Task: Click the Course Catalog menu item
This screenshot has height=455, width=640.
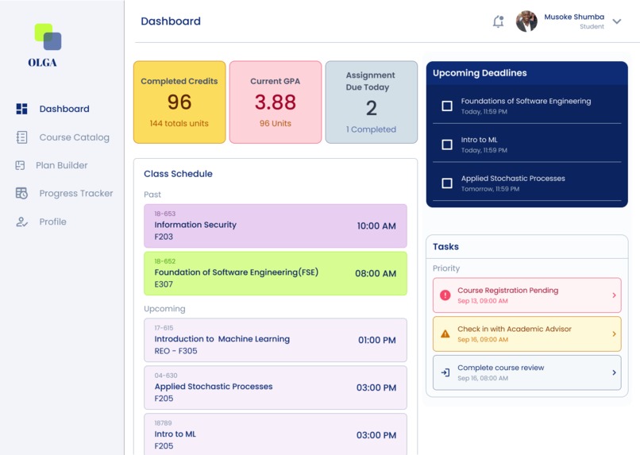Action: click(x=74, y=137)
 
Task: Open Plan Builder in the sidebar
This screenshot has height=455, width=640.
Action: click(x=61, y=165)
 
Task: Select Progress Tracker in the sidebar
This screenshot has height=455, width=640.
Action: click(x=75, y=194)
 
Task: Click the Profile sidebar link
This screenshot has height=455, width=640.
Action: click(x=52, y=222)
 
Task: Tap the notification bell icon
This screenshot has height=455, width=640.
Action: click(x=498, y=21)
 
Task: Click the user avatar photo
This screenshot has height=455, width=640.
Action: click(x=526, y=21)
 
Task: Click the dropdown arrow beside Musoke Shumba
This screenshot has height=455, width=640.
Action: click(x=617, y=21)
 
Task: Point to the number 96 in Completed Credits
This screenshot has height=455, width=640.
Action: click(x=179, y=102)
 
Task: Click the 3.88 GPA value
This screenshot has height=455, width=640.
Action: click(x=275, y=102)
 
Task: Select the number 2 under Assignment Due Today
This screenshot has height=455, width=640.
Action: click(x=371, y=108)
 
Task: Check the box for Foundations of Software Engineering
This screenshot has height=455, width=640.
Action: click(x=447, y=106)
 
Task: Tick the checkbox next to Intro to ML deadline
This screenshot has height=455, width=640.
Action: click(x=447, y=145)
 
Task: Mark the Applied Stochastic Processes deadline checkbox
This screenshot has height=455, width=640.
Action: click(x=447, y=183)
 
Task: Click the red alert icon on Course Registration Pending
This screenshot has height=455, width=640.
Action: click(x=445, y=295)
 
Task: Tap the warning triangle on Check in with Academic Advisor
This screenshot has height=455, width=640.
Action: click(x=445, y=334)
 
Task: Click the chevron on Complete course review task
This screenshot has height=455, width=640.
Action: click(x=614, y=372)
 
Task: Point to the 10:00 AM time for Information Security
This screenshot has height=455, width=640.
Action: click(x=376, y=226)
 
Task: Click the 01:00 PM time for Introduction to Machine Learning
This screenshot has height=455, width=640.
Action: click(x=376, y=341)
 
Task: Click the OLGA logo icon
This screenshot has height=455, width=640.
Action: click(x=48, y=37)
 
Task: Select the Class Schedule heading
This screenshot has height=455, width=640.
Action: click(x=178, y=174)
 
